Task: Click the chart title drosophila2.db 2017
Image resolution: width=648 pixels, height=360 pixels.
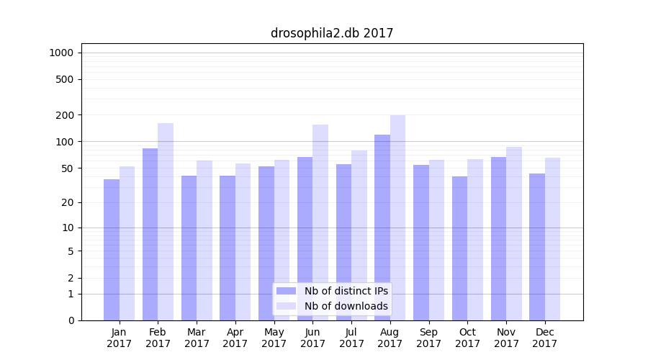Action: pos(332,33)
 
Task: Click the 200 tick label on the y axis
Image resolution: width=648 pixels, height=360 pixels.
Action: pos(65,115)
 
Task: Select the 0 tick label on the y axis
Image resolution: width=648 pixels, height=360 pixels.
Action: pos(71,320)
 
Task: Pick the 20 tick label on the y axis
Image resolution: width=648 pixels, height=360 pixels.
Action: pos(68,202)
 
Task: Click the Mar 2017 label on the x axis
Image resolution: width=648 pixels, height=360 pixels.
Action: pos(197,338)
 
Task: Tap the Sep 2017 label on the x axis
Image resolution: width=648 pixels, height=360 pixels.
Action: pos(428,338)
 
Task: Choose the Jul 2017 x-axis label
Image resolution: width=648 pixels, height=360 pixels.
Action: pos(351,338)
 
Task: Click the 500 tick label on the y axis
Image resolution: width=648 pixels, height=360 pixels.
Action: pos(65,79)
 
